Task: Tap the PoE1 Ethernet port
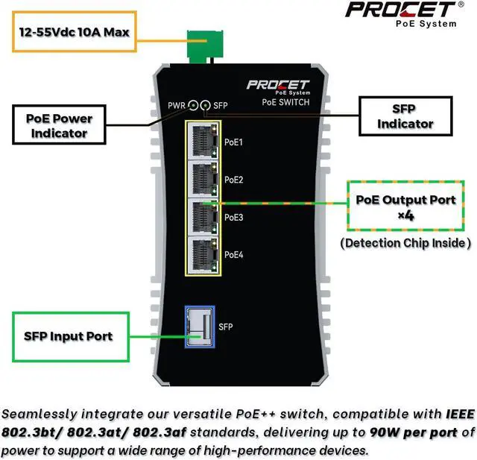(204, 141)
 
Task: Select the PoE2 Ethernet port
(204, 179)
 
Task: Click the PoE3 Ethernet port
(204, 217)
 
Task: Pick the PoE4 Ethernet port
(204, 255)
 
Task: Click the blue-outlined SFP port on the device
(200, 327)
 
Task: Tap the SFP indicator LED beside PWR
(206, 106)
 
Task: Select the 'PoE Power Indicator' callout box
(59, 125)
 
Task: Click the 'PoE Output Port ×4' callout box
(405, 206)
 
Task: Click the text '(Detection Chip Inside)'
(405, 243)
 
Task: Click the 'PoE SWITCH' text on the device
(285, 102)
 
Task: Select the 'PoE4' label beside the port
(234, 255)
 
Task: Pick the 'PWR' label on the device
(176, 106)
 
